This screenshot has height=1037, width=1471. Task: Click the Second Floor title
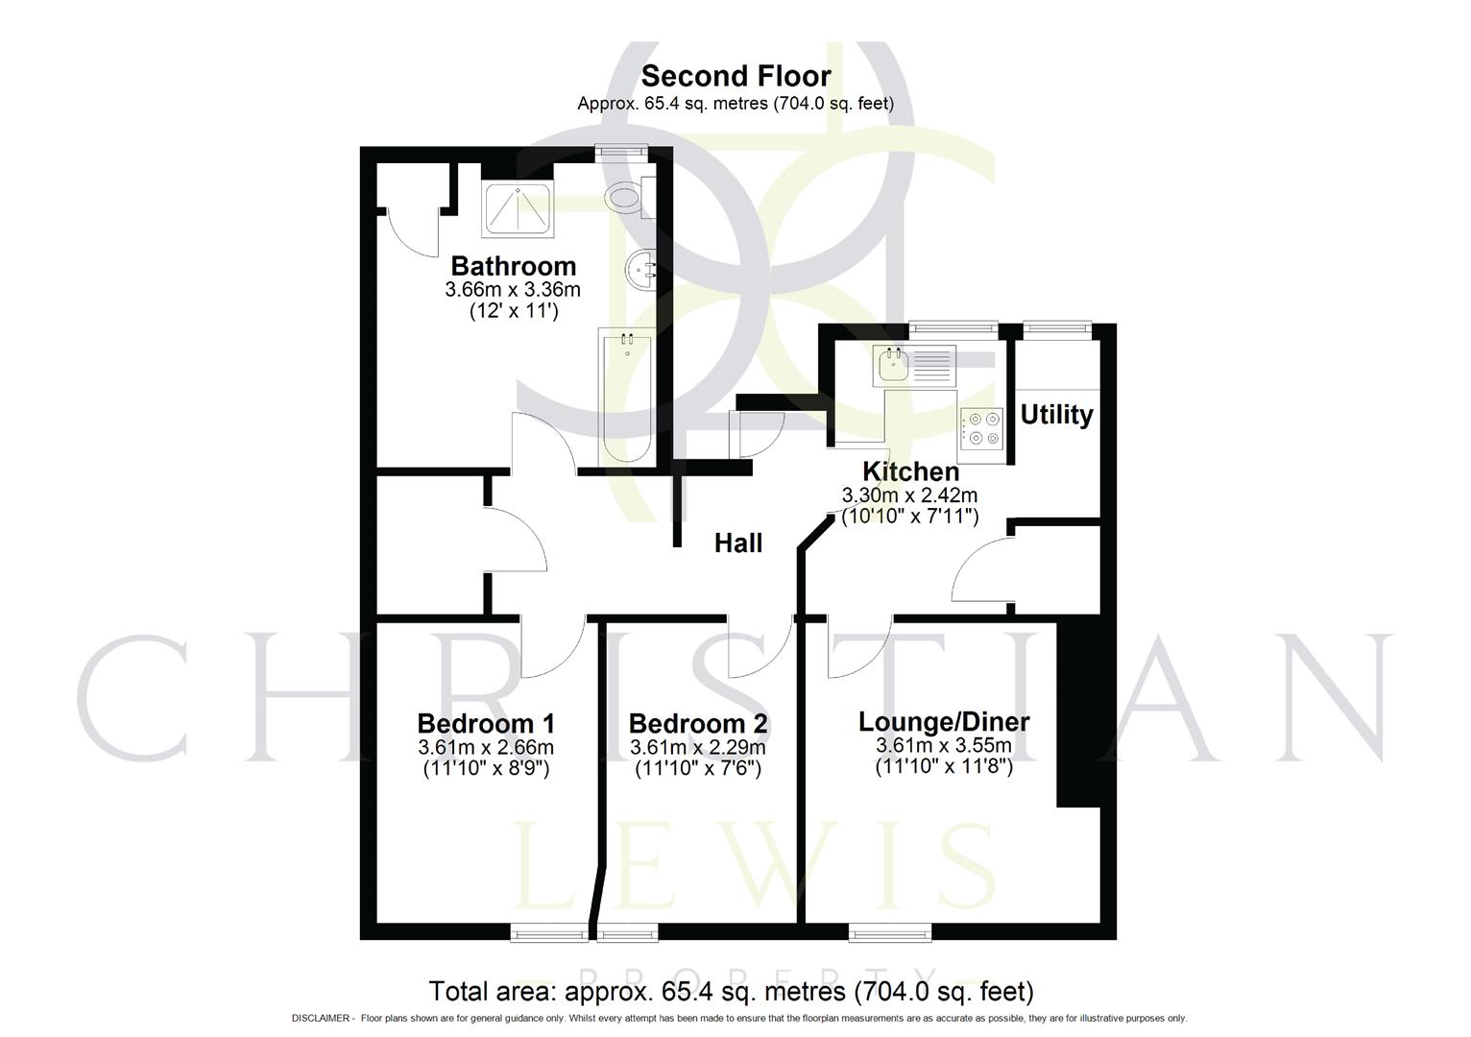(x=735, y=76)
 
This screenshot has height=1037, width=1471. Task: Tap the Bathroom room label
(x=513, y=266)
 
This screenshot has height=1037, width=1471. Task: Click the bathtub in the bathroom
(x=626, y=394)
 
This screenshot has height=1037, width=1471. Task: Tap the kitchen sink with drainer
(x=914, y=366)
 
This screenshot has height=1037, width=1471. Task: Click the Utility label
(x=1056, y=415)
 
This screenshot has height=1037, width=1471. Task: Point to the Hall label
(x=738, y=543)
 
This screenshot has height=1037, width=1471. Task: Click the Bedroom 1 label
(x=486, y=724)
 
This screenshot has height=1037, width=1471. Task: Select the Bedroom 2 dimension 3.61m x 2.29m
(x=698, y=748)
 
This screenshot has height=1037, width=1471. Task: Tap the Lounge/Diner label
(x=944, y=722)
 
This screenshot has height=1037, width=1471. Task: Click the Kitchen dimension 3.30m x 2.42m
(x=909, y=495)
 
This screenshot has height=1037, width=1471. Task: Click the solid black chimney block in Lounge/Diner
(x=1077, y=715)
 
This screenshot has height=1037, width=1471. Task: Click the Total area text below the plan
(x=731, y=991)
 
